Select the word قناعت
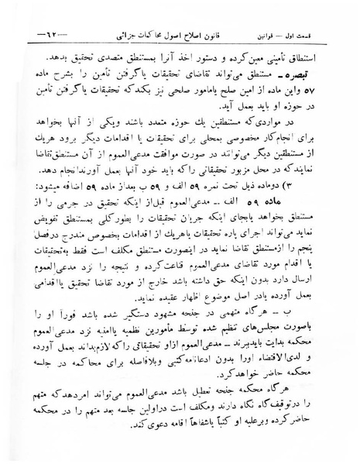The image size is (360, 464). click(179, 280)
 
